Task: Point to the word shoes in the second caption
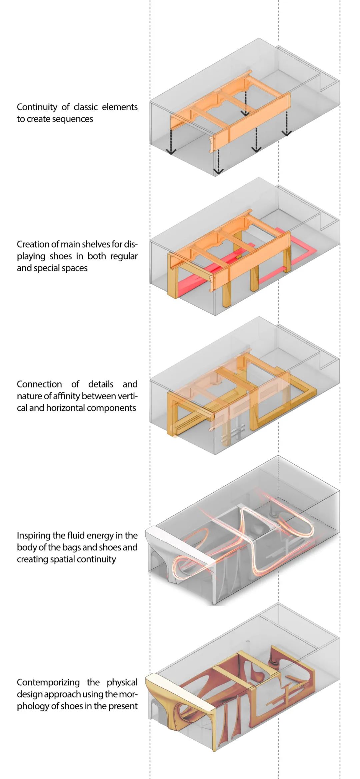[61, 256]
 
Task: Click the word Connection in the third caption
[39, 384]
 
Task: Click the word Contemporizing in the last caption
[48, 682]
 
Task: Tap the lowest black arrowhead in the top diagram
[218, 171]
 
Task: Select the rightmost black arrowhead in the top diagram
[286, 133]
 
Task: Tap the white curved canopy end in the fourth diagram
[177, 542]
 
